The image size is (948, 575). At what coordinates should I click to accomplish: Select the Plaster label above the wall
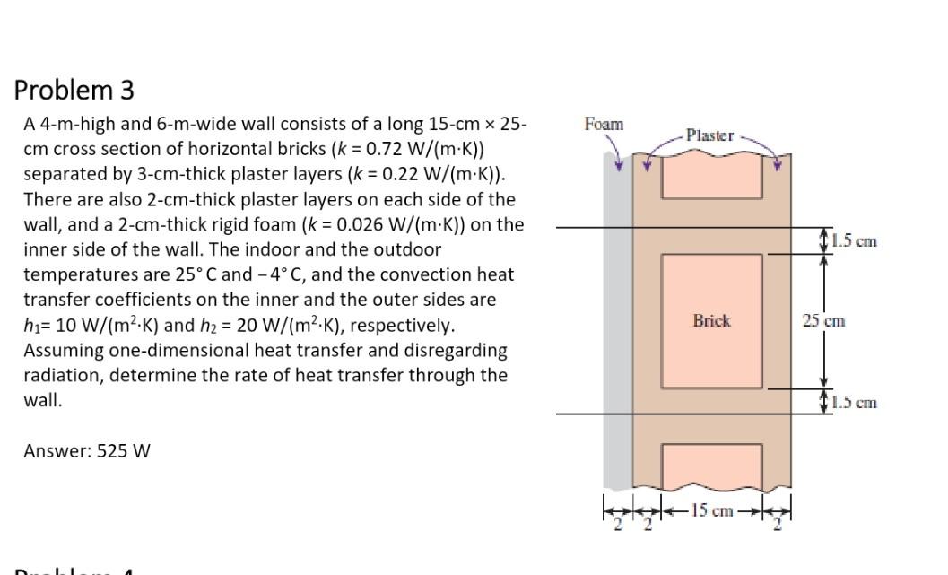pyautogui.click(x=709, y=136)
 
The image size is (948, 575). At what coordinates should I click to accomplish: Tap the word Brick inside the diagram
pyautogui.click(x=711, y=320)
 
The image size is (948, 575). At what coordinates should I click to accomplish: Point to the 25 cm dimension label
pyautogui.click(x=823, y=320)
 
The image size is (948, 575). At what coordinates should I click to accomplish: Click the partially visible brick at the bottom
pyautogui.click(x=711, y=466)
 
